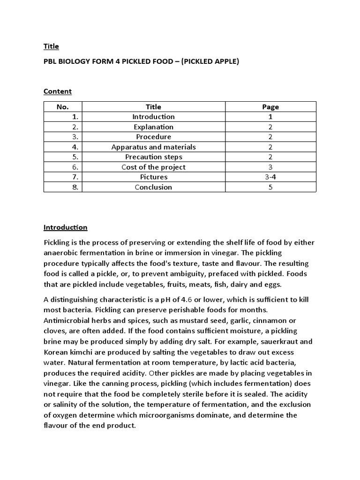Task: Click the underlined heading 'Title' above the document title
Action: [51, 46]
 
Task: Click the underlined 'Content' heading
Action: [58, 91]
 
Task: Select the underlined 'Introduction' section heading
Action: [65, 227]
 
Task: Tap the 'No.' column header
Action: [62, 107]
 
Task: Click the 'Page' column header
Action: [270, 107]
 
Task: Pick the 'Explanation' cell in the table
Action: [153, 127]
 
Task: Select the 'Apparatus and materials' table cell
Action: [153, 147]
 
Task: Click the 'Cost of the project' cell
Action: [153, 167]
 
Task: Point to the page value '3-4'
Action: [270, 177]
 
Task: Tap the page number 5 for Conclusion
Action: [270, 187]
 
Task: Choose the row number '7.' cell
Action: [75, 177]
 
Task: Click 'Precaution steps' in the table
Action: [153, 157]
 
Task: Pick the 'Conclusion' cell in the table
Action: [153, 187]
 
